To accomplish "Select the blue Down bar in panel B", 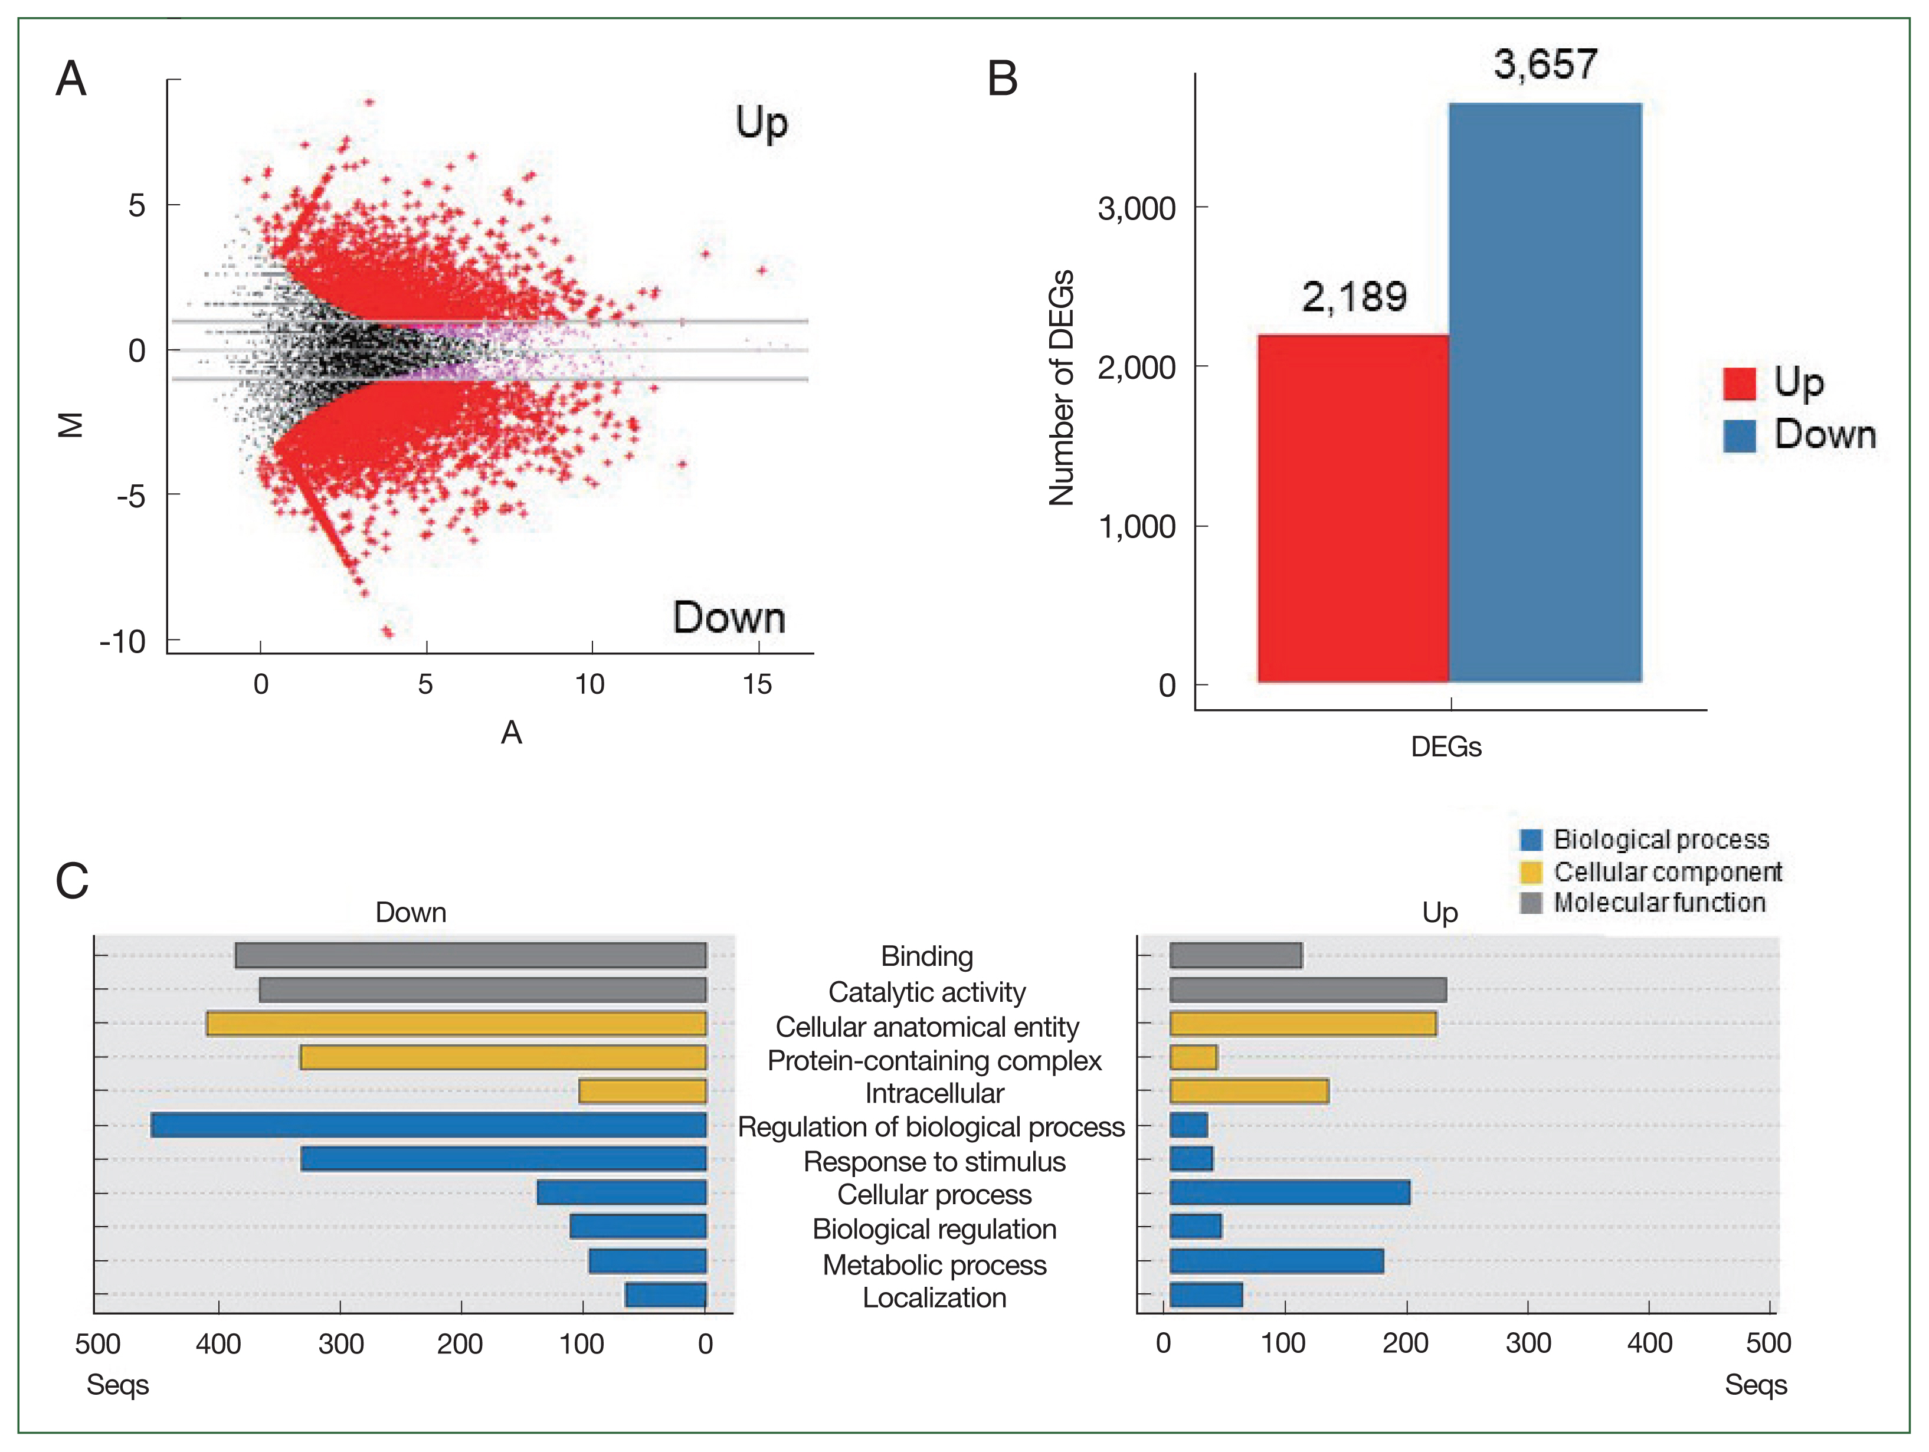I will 1545,392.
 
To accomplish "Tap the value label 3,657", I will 1545,64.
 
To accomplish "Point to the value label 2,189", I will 1354,297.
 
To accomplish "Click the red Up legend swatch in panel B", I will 1739,384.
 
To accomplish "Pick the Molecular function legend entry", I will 1659,903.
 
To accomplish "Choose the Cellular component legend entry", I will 1668,872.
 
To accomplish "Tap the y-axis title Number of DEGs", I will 1062,388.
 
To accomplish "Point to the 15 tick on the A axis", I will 757,684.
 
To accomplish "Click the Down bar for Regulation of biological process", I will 428,1125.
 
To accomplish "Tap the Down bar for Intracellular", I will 642,1091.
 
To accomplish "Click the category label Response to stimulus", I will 934,1162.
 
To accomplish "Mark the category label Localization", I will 934,1297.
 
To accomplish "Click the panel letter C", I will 73,881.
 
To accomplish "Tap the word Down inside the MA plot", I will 729,617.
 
